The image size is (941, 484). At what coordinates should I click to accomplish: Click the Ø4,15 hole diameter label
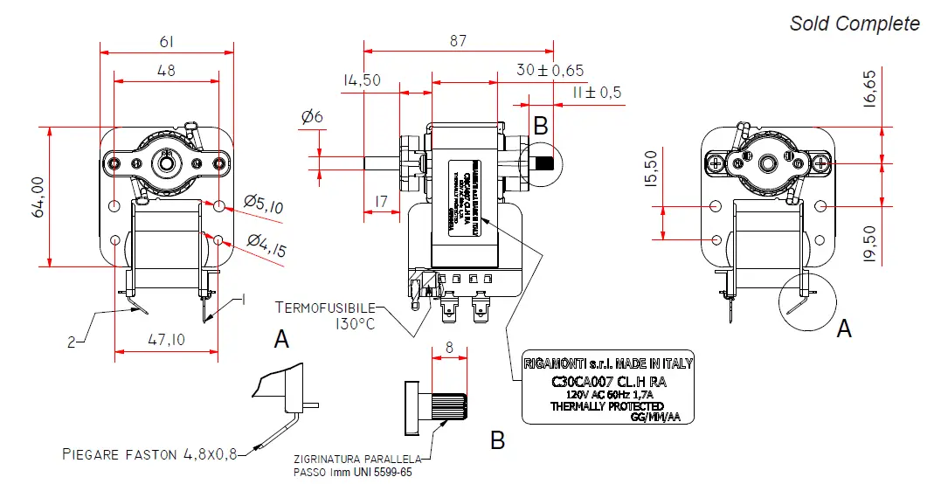tap(267, 244)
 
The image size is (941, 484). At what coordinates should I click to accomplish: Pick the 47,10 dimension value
tap(166, 340)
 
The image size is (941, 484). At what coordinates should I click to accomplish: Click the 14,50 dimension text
tap(361, 80)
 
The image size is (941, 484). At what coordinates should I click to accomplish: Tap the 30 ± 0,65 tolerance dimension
tap(550, 70)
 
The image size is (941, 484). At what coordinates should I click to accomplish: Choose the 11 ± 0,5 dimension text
tap(597, 93)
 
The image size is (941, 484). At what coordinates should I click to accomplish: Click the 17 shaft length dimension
tap(380, 202)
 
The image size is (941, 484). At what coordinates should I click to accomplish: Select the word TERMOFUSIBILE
tap(325, 308)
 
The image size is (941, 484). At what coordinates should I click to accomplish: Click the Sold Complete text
tap(855, 24)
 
